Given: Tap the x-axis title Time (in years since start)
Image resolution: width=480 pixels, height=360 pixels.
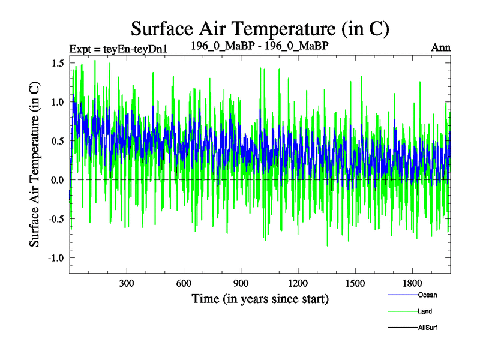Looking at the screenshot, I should [x=260, y=298].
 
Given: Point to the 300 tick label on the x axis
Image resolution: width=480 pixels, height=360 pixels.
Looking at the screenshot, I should [x=127, y=283].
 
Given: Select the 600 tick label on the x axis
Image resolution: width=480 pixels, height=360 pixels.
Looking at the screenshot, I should [x=184, y=283].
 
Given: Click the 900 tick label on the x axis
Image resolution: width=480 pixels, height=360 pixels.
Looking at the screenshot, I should [x=241, y=283].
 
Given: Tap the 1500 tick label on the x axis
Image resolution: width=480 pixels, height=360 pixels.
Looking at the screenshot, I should [x=355, y=283].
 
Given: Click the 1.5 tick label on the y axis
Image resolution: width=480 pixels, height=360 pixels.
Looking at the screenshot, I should [x=59, y=64].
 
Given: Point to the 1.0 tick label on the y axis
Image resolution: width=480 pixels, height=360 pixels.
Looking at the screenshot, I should [x=59, y=103].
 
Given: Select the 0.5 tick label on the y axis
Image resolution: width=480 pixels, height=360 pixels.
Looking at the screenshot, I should [x=59, y=141].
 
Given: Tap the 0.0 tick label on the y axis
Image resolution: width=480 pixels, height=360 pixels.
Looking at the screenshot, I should [x=59, y=180].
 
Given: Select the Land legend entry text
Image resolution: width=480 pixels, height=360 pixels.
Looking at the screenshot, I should [x=425, y=311].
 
